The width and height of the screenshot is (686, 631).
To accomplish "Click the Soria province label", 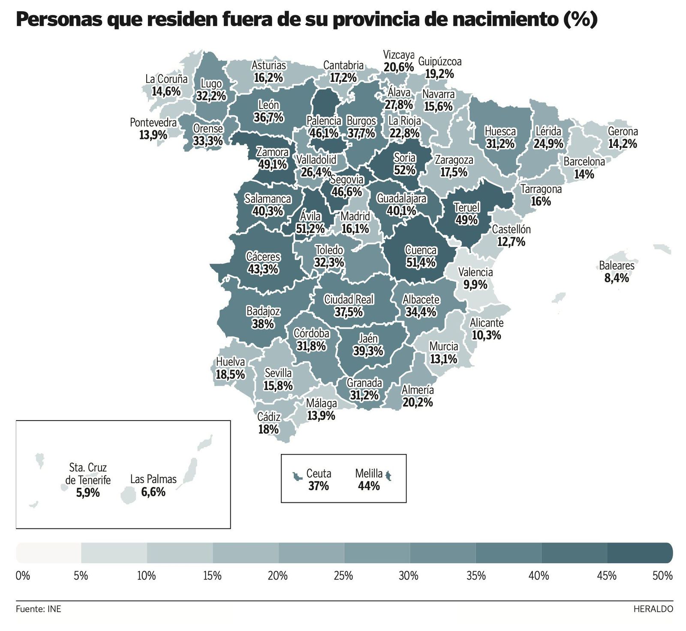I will coord(405,158).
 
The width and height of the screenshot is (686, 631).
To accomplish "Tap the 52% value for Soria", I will coord(405,170).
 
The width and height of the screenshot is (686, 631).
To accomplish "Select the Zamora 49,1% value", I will coord(273,164).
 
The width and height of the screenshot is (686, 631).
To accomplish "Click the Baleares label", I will coord(617,265).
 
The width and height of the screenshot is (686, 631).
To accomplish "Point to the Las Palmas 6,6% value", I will coord(153,492).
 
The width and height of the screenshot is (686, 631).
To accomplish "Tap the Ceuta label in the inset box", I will coord(319,473).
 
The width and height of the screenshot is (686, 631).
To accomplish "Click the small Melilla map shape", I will coord(389,476).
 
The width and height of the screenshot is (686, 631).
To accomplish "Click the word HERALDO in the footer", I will coord(653,609).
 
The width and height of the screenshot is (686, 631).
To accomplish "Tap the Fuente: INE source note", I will coord(38,609).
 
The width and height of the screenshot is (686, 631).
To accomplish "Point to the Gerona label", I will coord(623,131).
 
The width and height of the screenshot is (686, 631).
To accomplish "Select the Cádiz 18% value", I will coord(268,429).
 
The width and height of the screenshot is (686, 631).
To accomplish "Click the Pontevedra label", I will coord(153,123).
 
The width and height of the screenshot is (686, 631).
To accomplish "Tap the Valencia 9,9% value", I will coord(475,284).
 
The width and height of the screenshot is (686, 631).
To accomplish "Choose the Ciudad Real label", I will coord(349,299).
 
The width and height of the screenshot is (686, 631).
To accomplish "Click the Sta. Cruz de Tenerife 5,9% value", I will coord(88,493).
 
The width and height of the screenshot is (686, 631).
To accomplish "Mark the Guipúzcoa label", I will coord(439,61).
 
